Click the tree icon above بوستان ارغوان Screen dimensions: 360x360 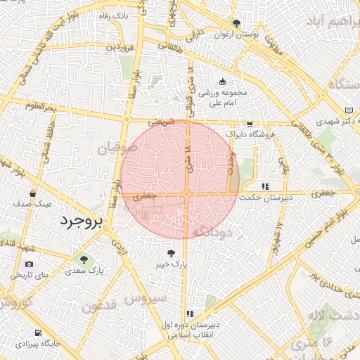point(236,23)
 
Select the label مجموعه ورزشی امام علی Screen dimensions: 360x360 point(224,97)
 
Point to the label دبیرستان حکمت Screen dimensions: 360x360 point(265,198)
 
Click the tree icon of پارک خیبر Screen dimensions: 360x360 point(171,252)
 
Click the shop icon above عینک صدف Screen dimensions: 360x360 point(33,193)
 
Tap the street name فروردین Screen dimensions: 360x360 point(120,48)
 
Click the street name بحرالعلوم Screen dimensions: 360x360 point(41,108)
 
